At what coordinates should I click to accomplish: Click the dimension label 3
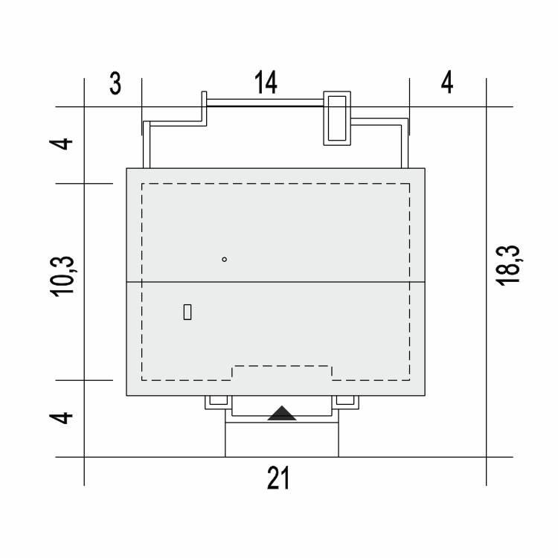tap(115, 83)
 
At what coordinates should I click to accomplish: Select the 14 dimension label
tap(266, 82)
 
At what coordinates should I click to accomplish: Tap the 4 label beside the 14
tap(447, 82)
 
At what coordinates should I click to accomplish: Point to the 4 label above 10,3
tap(61, 144)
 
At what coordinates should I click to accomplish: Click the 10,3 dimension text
tap(62, 277)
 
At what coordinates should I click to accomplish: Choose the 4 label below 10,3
tap(61, 418)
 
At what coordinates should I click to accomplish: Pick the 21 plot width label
tap(278, 478)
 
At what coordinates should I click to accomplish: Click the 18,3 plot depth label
tap(509, 266)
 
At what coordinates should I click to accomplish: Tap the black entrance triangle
tap(282, 414)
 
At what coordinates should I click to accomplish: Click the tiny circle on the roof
tap(224, 260)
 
